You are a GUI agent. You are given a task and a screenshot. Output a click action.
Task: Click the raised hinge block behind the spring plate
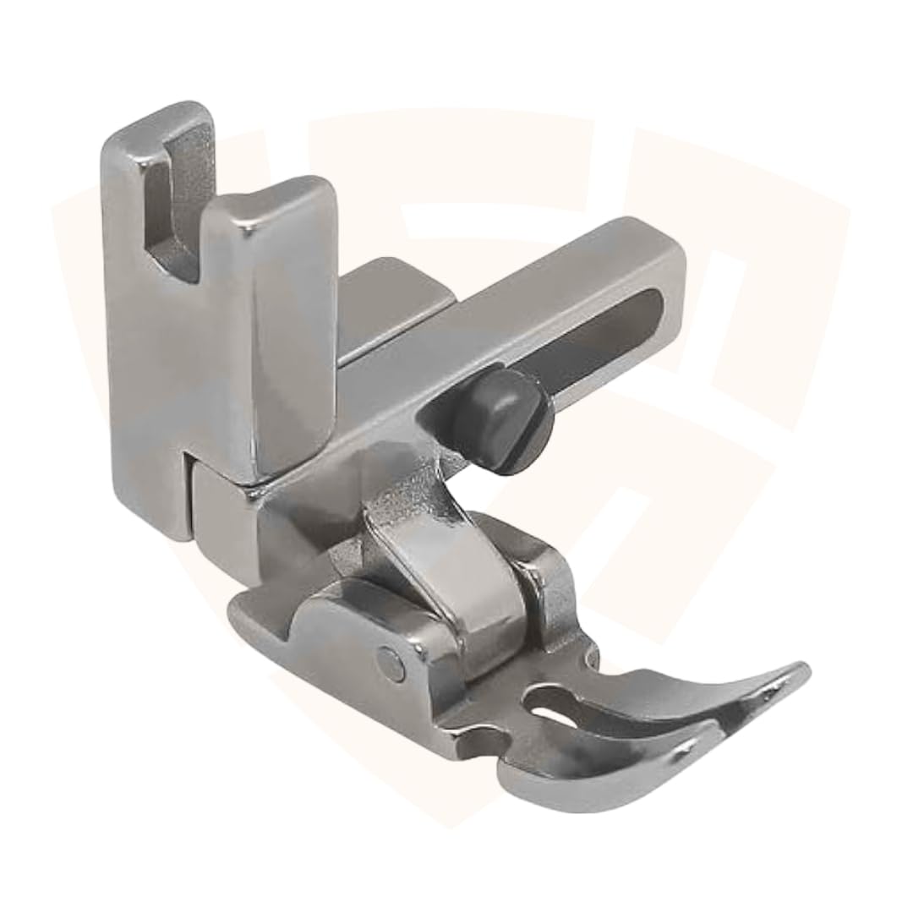point(545,583)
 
